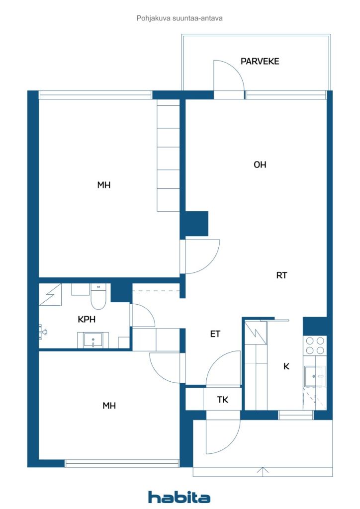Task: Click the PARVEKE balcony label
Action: point(260,61)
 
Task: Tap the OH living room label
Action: point(260,165)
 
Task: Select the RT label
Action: point(281,275)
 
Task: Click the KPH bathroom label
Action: point(87,320)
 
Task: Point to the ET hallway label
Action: point(215,334)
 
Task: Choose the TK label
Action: point(223,400)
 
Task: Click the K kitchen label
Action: point(286,366)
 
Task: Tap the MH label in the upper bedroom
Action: point(104,185)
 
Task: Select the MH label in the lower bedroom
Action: point(109,406)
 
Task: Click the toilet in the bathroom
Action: point(98,296)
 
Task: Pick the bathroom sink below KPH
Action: point(93,340)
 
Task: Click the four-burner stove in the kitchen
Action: point(315,345)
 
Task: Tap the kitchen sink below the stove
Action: point(314,376)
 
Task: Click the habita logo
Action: point(179,497)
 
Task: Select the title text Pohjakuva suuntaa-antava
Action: point(180,18)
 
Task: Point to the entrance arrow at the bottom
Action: point(263,471)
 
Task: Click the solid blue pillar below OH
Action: point(194,224)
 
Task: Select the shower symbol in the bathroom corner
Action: point(50,294)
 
